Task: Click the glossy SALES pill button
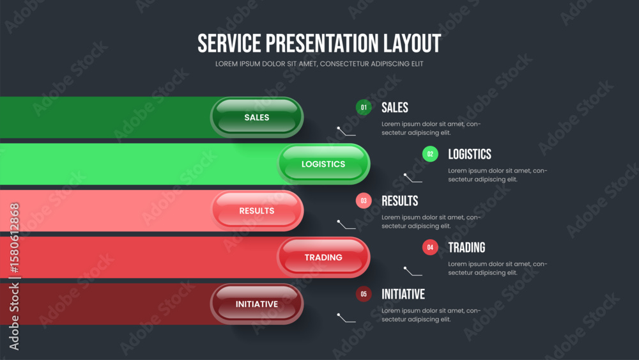[x=257, y=118]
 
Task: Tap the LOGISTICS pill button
[x=323, y=164]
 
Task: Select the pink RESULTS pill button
[x=257, y=211]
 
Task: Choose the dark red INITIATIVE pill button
[x=257, y=304]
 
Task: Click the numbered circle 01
[x=364, y=107]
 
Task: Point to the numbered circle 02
[x=430, y=154]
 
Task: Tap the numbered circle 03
[x=364, y=201]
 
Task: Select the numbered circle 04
[x=430, y=247]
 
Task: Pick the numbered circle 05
[x=364, y=294]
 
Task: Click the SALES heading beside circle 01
[x=395, y=107]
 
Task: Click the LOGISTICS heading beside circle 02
[x=470, y=154]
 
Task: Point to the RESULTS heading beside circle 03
[x=400, y=201]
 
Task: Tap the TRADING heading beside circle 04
[x=466, y=247]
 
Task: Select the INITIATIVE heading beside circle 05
[x=403, y=294]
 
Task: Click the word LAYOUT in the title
[x=412, y=43]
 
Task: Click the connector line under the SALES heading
[x=346, y=132]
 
